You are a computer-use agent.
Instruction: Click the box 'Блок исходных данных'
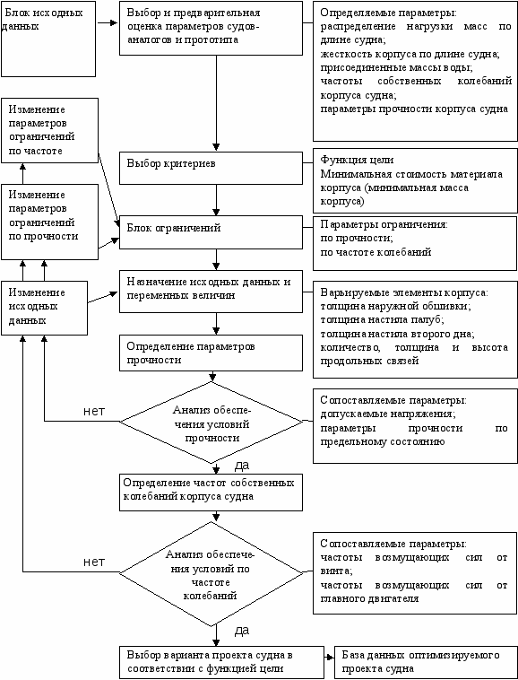tap(48, 39)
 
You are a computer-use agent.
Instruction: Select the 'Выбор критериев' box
tap(211, 168)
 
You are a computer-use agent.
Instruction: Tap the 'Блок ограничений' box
tap(211, 232)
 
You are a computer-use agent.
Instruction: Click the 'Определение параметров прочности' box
tap(211, 353)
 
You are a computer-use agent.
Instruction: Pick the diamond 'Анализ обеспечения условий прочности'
tap(212, 423)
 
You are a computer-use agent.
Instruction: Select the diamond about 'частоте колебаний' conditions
tap(212, 573)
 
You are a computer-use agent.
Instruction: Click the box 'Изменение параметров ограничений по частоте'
tap(50, 131)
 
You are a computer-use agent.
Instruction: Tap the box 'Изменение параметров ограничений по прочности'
tap(50, 222)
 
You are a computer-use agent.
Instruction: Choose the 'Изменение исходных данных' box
tap(44, 308)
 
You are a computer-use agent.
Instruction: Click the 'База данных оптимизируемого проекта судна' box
tap(427, 661)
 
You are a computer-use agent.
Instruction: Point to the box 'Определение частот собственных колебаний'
tap(211, 493)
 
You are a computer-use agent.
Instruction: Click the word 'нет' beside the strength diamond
tap(94, 411)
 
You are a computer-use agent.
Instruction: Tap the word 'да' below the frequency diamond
tap(242, 631)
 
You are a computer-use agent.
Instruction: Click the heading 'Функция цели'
tap(357, 160)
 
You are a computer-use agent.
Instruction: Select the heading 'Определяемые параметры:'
tap(389, 13)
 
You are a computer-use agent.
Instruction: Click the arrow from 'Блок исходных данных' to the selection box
tap(108, 22)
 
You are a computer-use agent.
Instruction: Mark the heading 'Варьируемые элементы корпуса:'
tap(404, 292)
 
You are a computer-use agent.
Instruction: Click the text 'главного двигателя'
tap(369, 599)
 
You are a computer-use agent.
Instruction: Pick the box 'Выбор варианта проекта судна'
tap(221, 663)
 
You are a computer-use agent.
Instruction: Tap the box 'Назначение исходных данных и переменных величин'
tap(211, 291)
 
